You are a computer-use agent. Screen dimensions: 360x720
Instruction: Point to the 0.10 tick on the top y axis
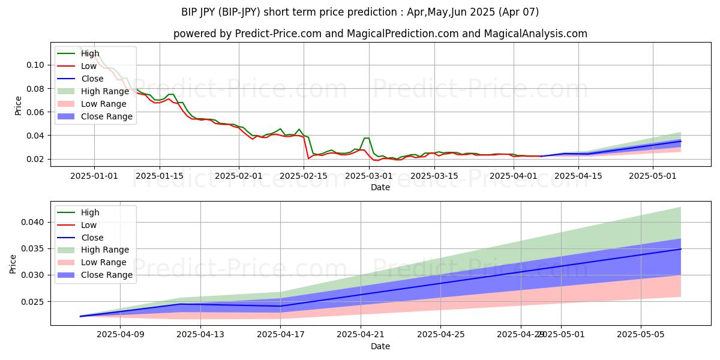(35, 65)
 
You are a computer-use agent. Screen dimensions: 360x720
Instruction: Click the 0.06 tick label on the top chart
(35, 112)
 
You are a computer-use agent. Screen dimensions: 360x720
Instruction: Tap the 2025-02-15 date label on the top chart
(304, 176)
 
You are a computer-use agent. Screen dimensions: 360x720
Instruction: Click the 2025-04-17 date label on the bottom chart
(281, 335)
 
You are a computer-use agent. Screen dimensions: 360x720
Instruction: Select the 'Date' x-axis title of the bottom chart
(380, 346)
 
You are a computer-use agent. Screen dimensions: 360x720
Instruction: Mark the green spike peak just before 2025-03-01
(366, 138)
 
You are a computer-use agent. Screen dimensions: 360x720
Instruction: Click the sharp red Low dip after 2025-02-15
(308, 158)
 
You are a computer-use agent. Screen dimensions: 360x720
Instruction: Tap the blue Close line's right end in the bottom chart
(680, 249)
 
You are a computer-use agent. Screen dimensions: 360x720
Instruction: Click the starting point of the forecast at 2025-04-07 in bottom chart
(80, 316)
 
